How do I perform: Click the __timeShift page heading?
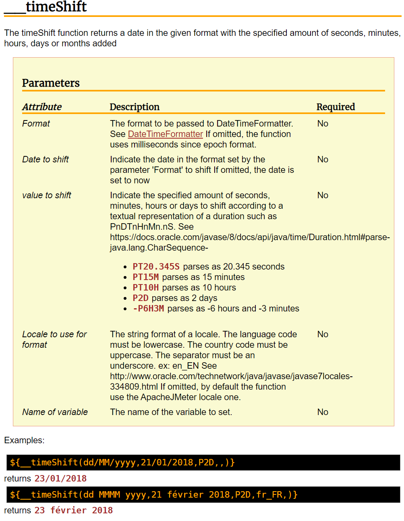[46, 7]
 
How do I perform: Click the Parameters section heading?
[51, 83]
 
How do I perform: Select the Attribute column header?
[42, 107]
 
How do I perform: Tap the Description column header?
[135, 107]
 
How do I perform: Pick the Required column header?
[336, 107]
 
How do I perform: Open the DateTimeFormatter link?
[165, 134]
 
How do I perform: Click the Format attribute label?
[36, 124]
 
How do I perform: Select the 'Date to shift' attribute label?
[46, 160]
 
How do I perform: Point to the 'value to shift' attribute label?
[47, 195]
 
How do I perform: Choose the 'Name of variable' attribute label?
[55, 412]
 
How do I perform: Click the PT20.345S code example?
[156, 267]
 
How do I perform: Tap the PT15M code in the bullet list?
[145, 277]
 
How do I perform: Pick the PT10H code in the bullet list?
[145, 288]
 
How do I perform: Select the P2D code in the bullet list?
[141, 298]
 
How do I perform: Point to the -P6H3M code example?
[148, 309]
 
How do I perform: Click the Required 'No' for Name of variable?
[323, 412]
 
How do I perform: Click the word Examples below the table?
[24, 440]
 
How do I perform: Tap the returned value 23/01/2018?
[60, 479]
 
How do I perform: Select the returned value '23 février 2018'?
[73, 511]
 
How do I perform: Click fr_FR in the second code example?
[269, 495]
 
